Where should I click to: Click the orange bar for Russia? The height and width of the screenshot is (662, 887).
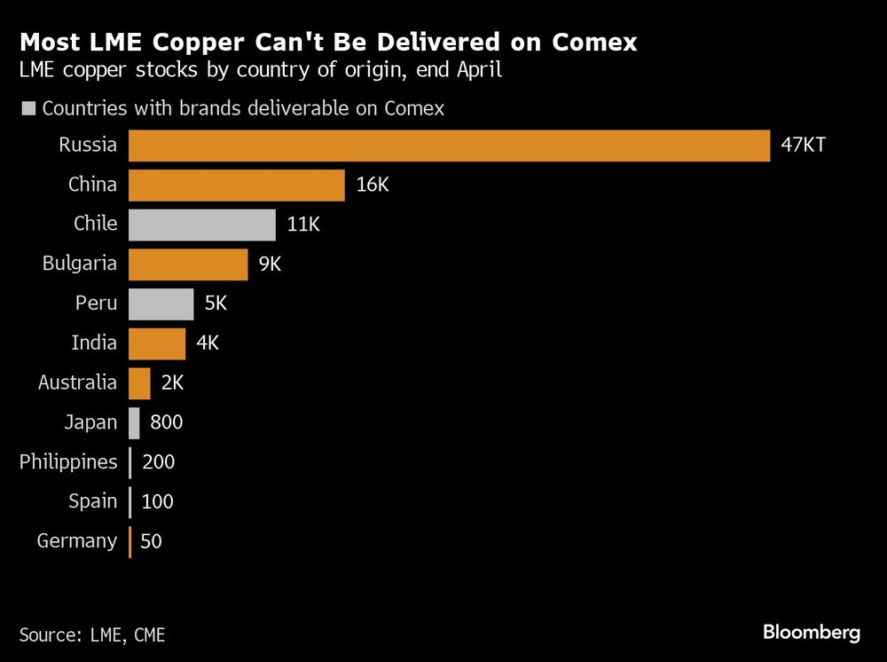coord(449,146)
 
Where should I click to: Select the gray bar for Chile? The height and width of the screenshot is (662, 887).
coord(202,225)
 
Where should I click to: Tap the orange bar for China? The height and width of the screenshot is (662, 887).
coord(237,185)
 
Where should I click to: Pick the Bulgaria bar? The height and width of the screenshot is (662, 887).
coord(188,264)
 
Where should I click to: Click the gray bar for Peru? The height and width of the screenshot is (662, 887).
coord(161,303)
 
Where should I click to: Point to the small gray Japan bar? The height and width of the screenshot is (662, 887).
coord(134,422)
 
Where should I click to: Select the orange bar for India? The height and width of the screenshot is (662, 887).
coord(157,343)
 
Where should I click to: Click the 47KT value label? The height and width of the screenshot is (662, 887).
coord(804,146)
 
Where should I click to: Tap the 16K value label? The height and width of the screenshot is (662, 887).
coord(373,185)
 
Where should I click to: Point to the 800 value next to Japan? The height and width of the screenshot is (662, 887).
coord(167,422)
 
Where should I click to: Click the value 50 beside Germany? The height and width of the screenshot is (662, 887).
coord(151,541)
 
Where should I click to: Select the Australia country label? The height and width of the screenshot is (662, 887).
coord(77,382)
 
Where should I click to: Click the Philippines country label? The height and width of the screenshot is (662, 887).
coord(68,462)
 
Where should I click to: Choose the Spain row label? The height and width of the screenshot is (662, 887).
coord(92,501)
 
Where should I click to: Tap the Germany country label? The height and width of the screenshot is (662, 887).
coord(77,541)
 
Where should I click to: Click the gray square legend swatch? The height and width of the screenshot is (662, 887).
coord(27,108)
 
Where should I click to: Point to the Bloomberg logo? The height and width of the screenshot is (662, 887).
coord(811,633)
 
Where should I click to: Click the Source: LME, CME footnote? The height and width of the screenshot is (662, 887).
coord(92,634)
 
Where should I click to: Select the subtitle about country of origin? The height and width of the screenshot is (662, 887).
coord(261,70)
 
